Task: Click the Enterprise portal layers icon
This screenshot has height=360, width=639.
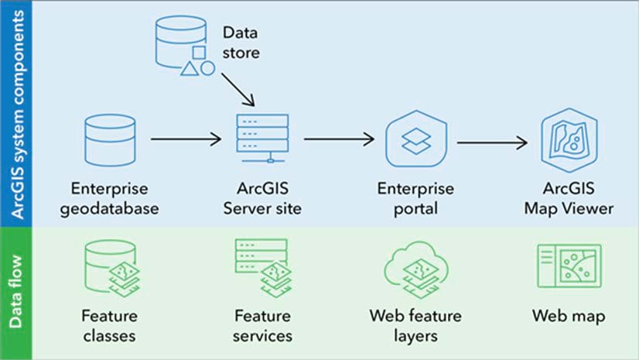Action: [x=415, y=140]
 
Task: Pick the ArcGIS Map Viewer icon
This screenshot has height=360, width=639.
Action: [x=569, y=139]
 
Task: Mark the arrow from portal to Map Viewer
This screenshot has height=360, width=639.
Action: [x=492, y=142]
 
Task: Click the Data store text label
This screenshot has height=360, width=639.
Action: [x=241, y=43]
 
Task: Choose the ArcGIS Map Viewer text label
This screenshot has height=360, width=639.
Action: [x=569, y=198]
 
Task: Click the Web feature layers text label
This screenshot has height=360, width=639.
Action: [x=415, y=326]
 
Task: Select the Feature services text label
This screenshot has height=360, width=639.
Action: [x=261, y=326]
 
